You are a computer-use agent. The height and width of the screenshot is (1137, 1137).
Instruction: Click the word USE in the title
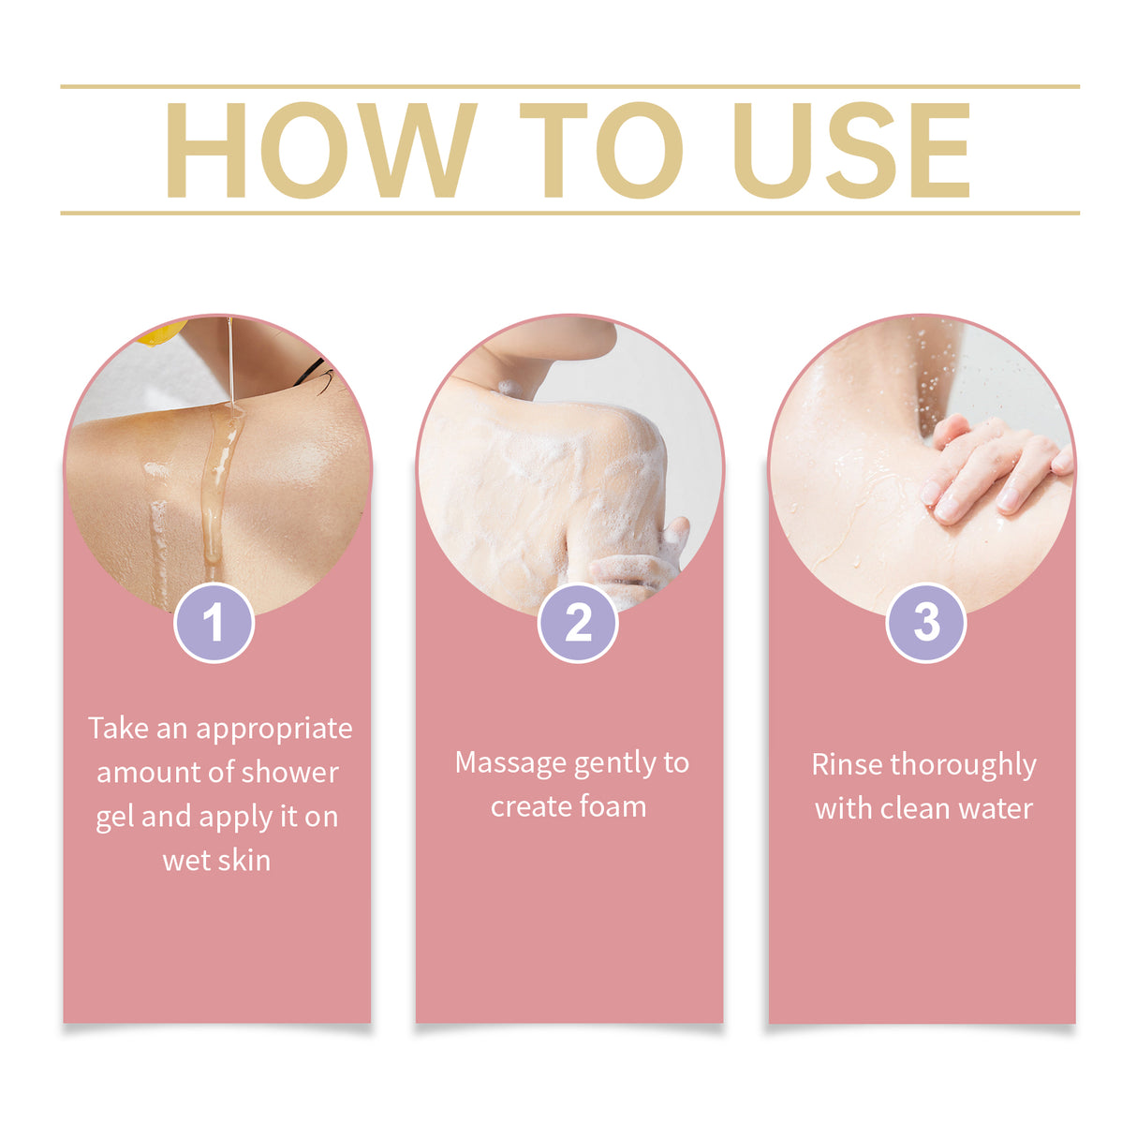(x=850, y=150)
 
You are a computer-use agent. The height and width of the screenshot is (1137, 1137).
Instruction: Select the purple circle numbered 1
(x=214, y=623)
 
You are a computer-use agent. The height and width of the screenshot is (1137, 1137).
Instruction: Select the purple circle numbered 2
(x=578, y=623)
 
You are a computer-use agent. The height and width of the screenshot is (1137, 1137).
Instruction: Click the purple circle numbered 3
(x=925, y=623)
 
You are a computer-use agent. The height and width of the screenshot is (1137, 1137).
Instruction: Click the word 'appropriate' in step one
(x=273, y=729)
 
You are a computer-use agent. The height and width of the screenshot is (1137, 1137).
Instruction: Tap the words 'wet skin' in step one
(x=216, y=861)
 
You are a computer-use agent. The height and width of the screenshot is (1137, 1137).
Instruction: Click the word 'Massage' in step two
(x=510, y=763)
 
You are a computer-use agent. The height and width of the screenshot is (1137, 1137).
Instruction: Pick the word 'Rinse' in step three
(x=848, y=765)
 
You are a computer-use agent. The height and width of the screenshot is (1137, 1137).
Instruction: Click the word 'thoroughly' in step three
(x=964, y=766)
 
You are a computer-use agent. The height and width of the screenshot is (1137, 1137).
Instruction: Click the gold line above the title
(x=569, y=86)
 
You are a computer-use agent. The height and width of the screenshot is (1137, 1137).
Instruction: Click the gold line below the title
(x=569, y=213)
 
